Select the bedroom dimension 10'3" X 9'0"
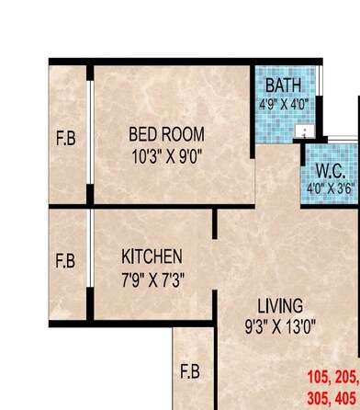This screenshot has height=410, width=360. coord(166,155)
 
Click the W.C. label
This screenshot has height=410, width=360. coord(330,172)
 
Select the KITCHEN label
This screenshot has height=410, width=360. coord(152,256)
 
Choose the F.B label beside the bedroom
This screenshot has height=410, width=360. coord(66,140)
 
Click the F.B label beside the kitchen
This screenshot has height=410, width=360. coord(65,261)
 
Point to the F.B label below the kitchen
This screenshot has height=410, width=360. coord(190,371)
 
